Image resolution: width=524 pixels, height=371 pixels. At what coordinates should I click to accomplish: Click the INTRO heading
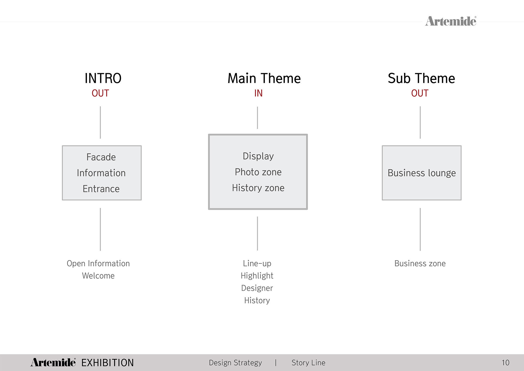click(103, 78)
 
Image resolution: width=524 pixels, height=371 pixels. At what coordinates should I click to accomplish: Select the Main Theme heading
click(264, 78)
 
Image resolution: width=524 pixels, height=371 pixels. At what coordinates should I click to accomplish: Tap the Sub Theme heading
click(421, 78)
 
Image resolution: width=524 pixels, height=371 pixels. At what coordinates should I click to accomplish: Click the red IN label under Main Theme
click(258, 93)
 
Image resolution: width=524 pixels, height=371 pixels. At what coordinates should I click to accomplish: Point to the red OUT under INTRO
click(100, 93)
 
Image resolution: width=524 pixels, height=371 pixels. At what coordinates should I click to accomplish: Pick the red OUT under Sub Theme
click(420, 93)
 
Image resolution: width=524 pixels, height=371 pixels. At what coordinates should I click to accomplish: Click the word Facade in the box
click(101, 157)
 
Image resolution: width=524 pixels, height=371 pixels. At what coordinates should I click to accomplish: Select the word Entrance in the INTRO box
click(101, 189)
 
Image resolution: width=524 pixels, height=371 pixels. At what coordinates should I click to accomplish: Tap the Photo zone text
click(258, 172)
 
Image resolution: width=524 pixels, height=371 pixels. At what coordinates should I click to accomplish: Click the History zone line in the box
click(258, 188)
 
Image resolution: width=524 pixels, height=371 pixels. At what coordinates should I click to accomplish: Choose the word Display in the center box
click(258, 156)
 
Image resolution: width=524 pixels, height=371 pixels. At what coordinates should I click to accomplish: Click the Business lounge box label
click(422, 173)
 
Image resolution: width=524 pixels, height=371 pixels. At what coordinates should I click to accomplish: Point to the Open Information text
click(98, 264)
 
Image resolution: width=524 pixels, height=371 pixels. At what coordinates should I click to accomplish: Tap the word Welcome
click(98, 276)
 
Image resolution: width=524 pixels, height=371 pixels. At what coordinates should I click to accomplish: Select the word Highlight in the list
click(257, 276)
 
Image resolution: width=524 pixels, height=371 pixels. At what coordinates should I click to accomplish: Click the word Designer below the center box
click(257, 288)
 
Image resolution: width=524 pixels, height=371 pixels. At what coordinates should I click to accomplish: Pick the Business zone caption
click(420, 264)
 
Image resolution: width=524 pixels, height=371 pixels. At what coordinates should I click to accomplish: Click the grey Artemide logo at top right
click(451, 21)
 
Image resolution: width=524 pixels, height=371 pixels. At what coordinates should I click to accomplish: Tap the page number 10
click(505, 363)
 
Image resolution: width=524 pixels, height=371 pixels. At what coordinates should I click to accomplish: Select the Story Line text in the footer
click(308, 363)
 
